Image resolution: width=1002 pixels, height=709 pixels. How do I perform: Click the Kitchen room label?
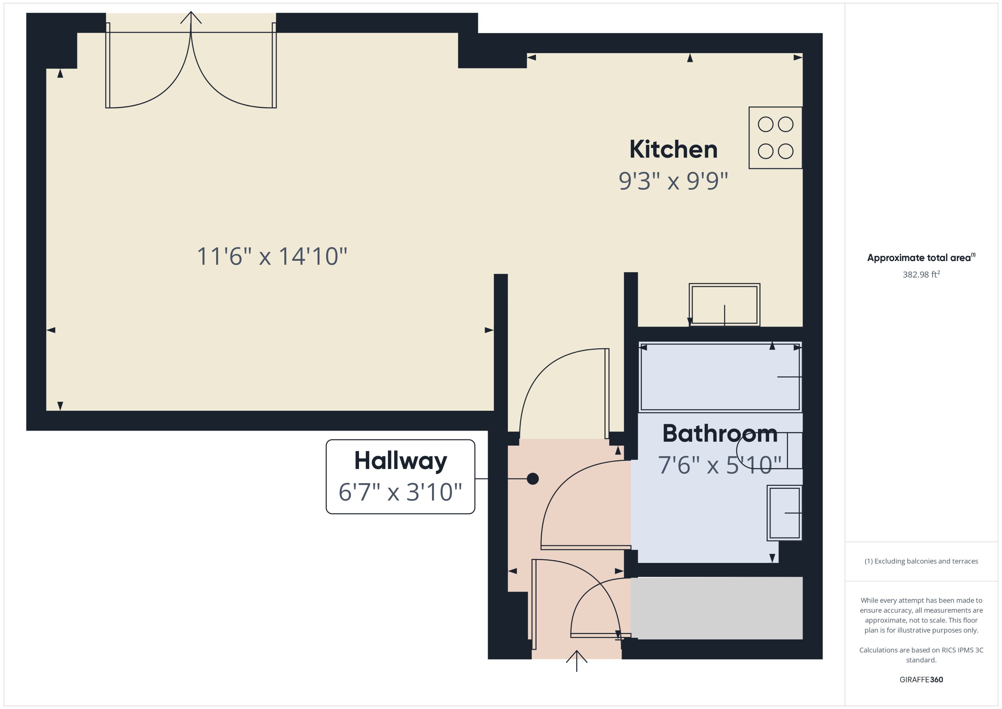tap(673, 150)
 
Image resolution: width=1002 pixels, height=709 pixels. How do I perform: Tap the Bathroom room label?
tap(719, 434)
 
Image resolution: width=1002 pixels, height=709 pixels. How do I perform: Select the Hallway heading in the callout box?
tap(400, 461)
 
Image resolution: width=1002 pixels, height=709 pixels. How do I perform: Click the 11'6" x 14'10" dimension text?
tap(272, 256)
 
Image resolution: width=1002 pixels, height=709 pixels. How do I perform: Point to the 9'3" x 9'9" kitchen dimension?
tap(673, 181)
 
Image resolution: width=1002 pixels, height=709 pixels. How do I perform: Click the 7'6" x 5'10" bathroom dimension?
tap(719, 465)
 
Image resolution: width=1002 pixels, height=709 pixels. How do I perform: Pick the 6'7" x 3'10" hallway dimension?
tap(400, 492)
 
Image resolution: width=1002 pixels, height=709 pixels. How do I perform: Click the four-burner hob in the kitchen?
tap(775, 137)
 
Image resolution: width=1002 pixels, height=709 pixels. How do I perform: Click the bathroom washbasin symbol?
tap(784, 513)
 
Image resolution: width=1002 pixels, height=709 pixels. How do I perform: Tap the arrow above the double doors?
tap(191, 18)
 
